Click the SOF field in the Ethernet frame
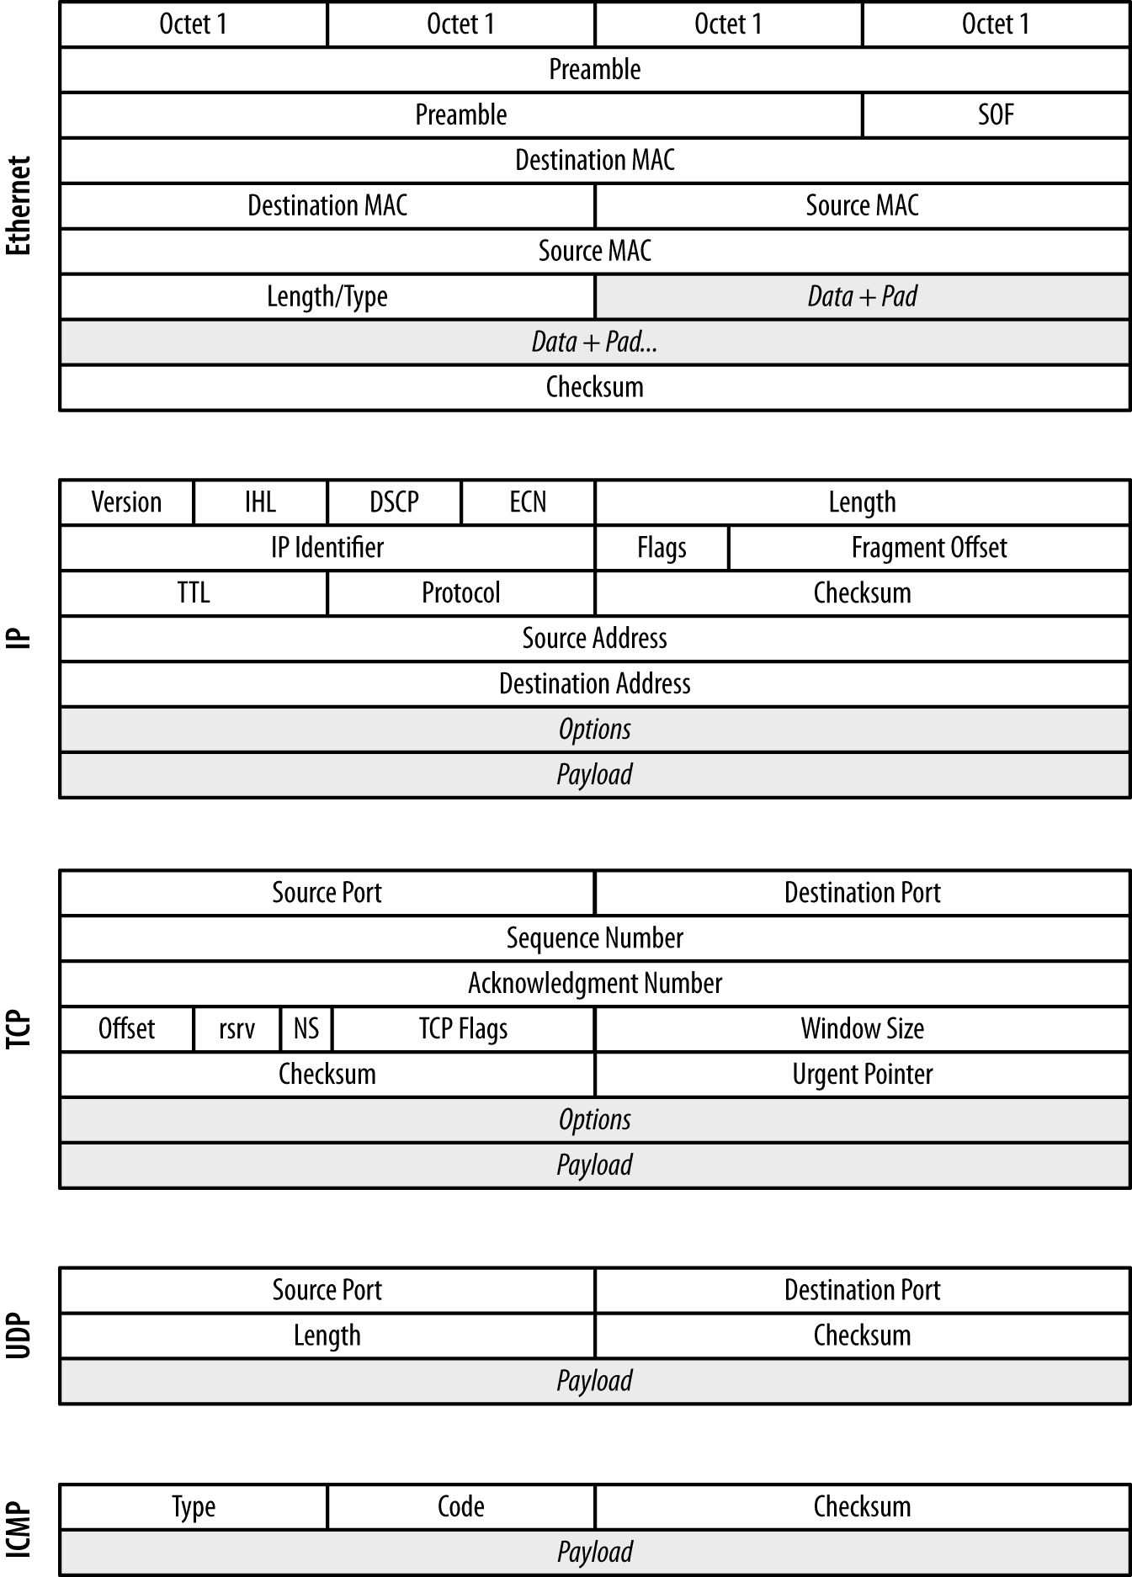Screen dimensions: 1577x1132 995,114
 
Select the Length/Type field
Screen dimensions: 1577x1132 327,296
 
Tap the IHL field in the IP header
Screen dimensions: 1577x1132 260,502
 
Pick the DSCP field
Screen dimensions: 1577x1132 394,502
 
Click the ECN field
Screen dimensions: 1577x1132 528,502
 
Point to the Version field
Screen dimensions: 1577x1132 126,502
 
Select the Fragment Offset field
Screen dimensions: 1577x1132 928,548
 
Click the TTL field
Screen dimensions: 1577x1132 193,593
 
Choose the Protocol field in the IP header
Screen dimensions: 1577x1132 460,593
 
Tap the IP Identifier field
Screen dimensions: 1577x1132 327,548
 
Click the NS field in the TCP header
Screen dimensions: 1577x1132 306,1029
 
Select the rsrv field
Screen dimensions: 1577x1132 236,1029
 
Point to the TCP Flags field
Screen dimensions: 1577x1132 463,1029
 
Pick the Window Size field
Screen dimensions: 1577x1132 862,1029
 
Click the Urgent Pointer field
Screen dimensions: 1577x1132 862,1075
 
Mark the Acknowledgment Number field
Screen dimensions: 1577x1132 594,984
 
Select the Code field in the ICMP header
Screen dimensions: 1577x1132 460,1506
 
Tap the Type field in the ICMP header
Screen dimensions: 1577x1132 193,1506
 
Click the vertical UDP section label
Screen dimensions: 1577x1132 19,1335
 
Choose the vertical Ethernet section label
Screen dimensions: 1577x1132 19,205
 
